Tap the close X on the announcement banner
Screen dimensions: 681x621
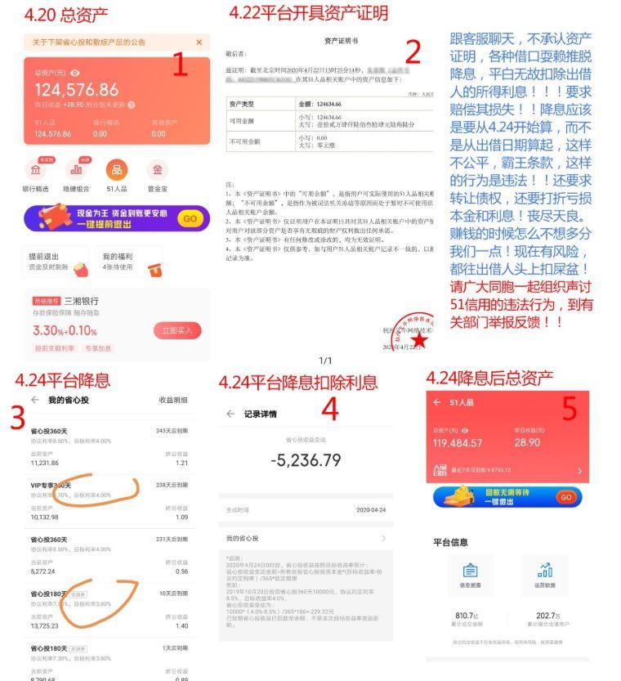click(199, 43)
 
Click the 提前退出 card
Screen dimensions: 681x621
click(56, 261)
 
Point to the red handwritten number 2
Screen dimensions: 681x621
click(413, 52)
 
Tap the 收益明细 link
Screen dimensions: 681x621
click(172, 400)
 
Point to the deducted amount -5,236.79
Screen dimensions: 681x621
click(306, 460)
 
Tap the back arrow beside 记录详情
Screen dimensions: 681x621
click(230, 414)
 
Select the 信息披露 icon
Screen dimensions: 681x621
click(469, 571)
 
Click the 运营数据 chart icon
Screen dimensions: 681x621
click(545, 571)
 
